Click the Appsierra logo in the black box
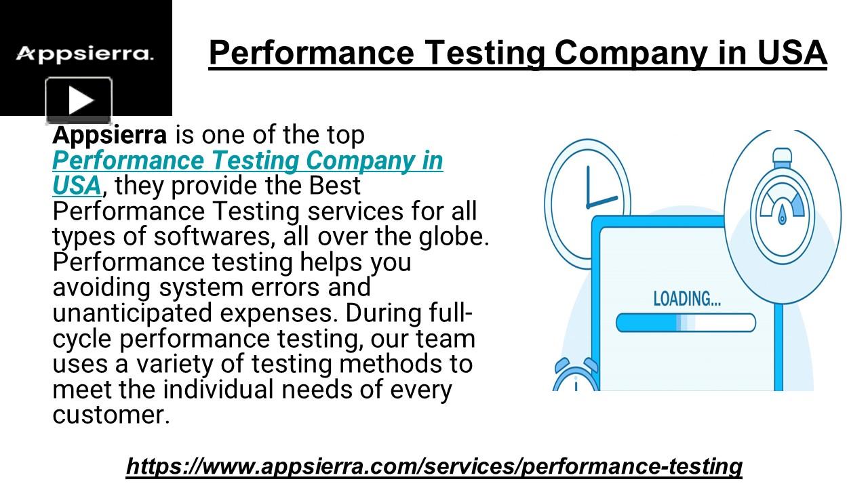tap(85, 54)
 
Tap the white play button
tap(79, 101)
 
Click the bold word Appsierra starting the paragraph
tap(109, 135)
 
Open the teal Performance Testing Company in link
tap(248, 161)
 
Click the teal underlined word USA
tap(77, 186)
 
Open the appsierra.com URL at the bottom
tap(434, 466)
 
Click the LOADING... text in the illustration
tap(687, 298)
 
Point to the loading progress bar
tap(685, 323)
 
